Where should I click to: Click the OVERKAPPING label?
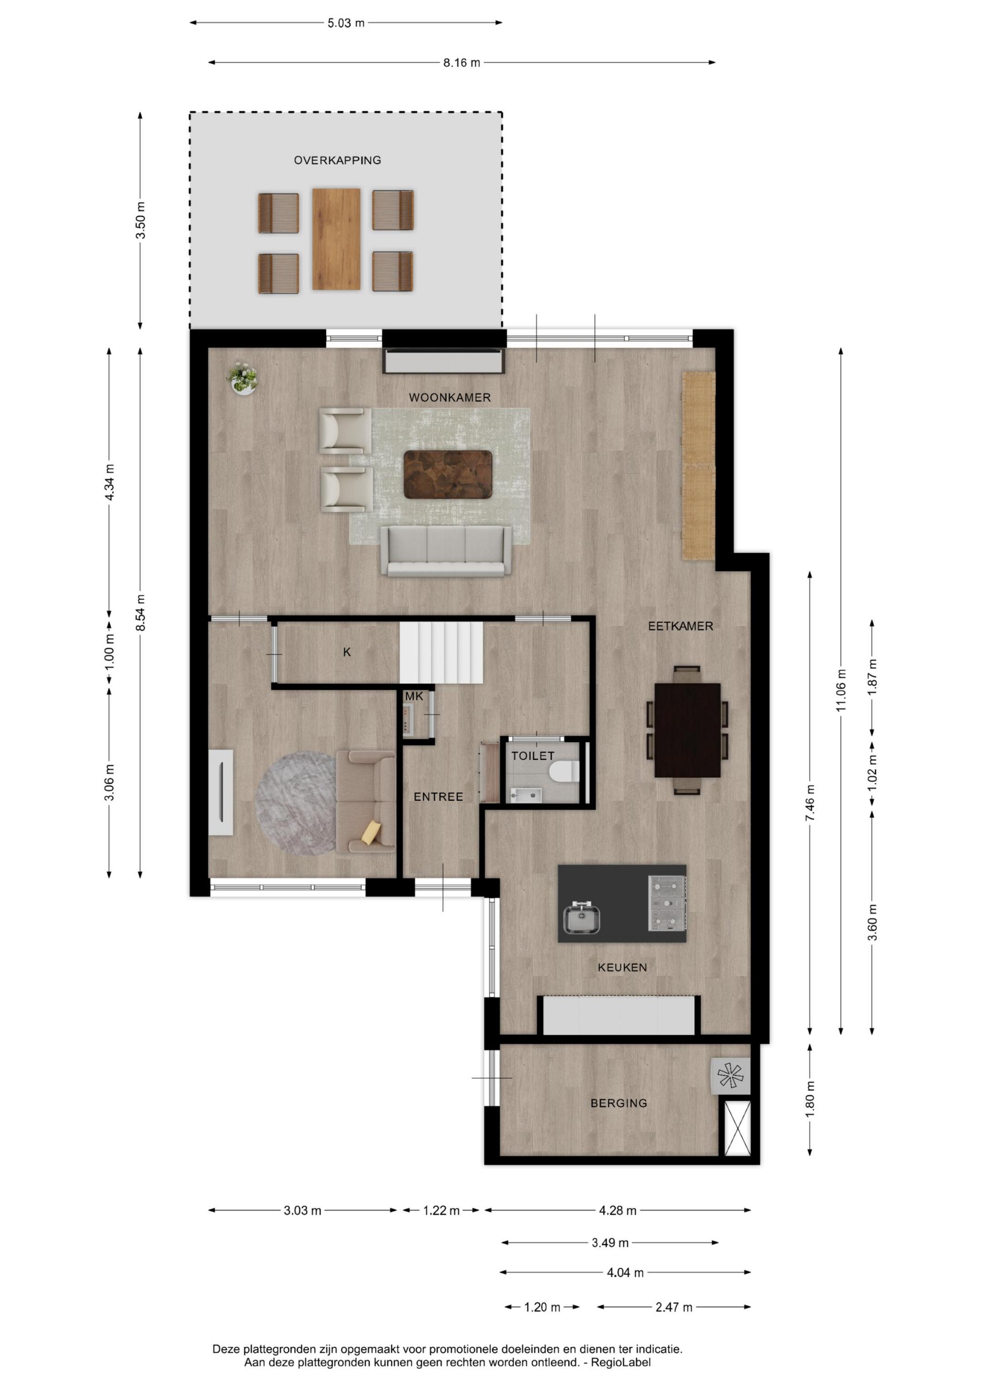[337, 161]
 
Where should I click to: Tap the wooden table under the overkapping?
[337, 239]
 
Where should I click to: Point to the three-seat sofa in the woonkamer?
[446, 551]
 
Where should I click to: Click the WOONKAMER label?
[450, 398]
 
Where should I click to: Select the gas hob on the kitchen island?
[667, 902]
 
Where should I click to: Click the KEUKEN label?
[623, 967]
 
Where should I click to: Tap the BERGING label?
[619, 1103]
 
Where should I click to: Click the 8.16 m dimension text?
[462, 63]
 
